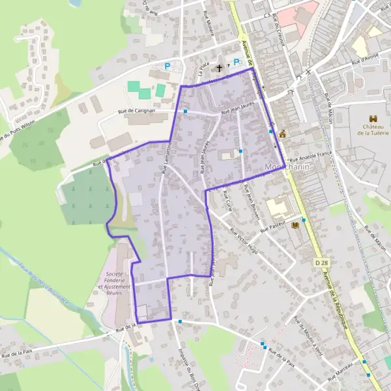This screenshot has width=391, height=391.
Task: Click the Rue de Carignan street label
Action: [x=136, y=111]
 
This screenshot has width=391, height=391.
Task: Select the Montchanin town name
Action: [x=287, y=168]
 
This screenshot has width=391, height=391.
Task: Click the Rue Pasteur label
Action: [x=274, y=226]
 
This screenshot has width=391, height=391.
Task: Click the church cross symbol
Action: [x=220, y=67]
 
